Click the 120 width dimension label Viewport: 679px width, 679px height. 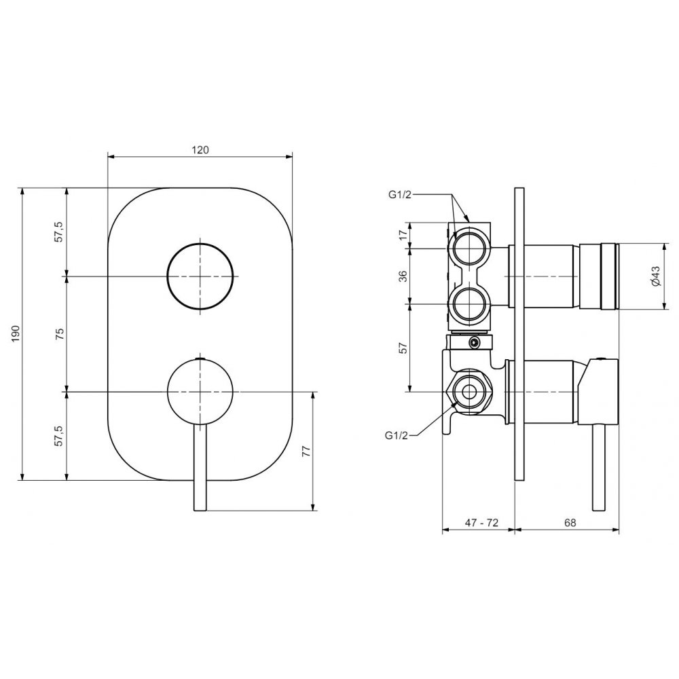[200, 150]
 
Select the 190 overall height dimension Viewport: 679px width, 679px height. [16, 333]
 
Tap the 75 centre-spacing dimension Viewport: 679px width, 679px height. [60, 333]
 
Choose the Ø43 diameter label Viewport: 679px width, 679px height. [655, 276]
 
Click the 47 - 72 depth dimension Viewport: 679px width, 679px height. [481, 523]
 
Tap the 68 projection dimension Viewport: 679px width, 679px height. [570, 523]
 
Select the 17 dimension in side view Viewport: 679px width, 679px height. [403, 235]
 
